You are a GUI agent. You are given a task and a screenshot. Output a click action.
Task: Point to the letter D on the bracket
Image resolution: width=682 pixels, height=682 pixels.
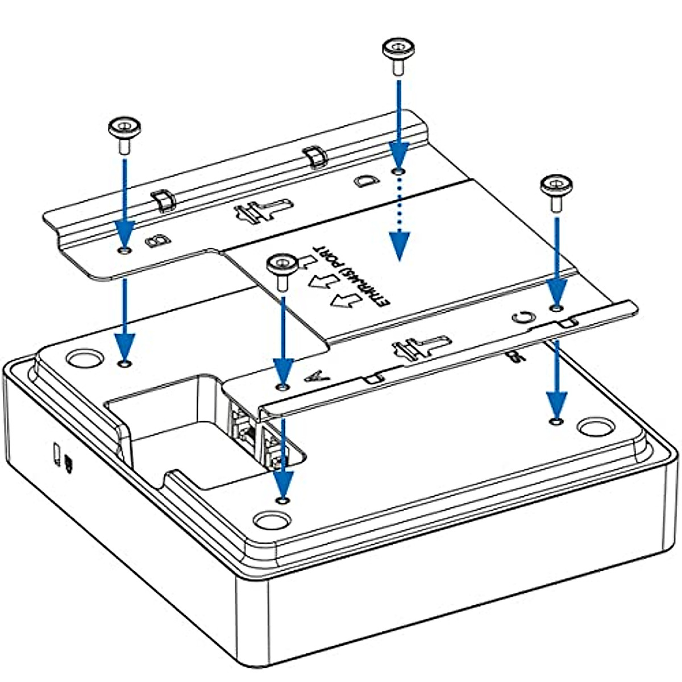(364, 181)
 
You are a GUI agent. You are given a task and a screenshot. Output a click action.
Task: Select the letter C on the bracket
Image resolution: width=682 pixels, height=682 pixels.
(522, 317)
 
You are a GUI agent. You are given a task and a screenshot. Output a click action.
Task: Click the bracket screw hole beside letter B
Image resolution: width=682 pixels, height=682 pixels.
(124, 250)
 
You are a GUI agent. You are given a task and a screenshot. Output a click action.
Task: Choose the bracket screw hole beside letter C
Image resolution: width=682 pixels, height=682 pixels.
(556, 307)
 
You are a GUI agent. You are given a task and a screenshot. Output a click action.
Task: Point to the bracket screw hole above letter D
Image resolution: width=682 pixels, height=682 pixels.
(399, 170)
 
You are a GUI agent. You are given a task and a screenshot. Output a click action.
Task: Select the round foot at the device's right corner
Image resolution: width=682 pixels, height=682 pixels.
(593, 427)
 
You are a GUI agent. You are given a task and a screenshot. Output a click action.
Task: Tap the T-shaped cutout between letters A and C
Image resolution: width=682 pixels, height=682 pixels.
(421, 347)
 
